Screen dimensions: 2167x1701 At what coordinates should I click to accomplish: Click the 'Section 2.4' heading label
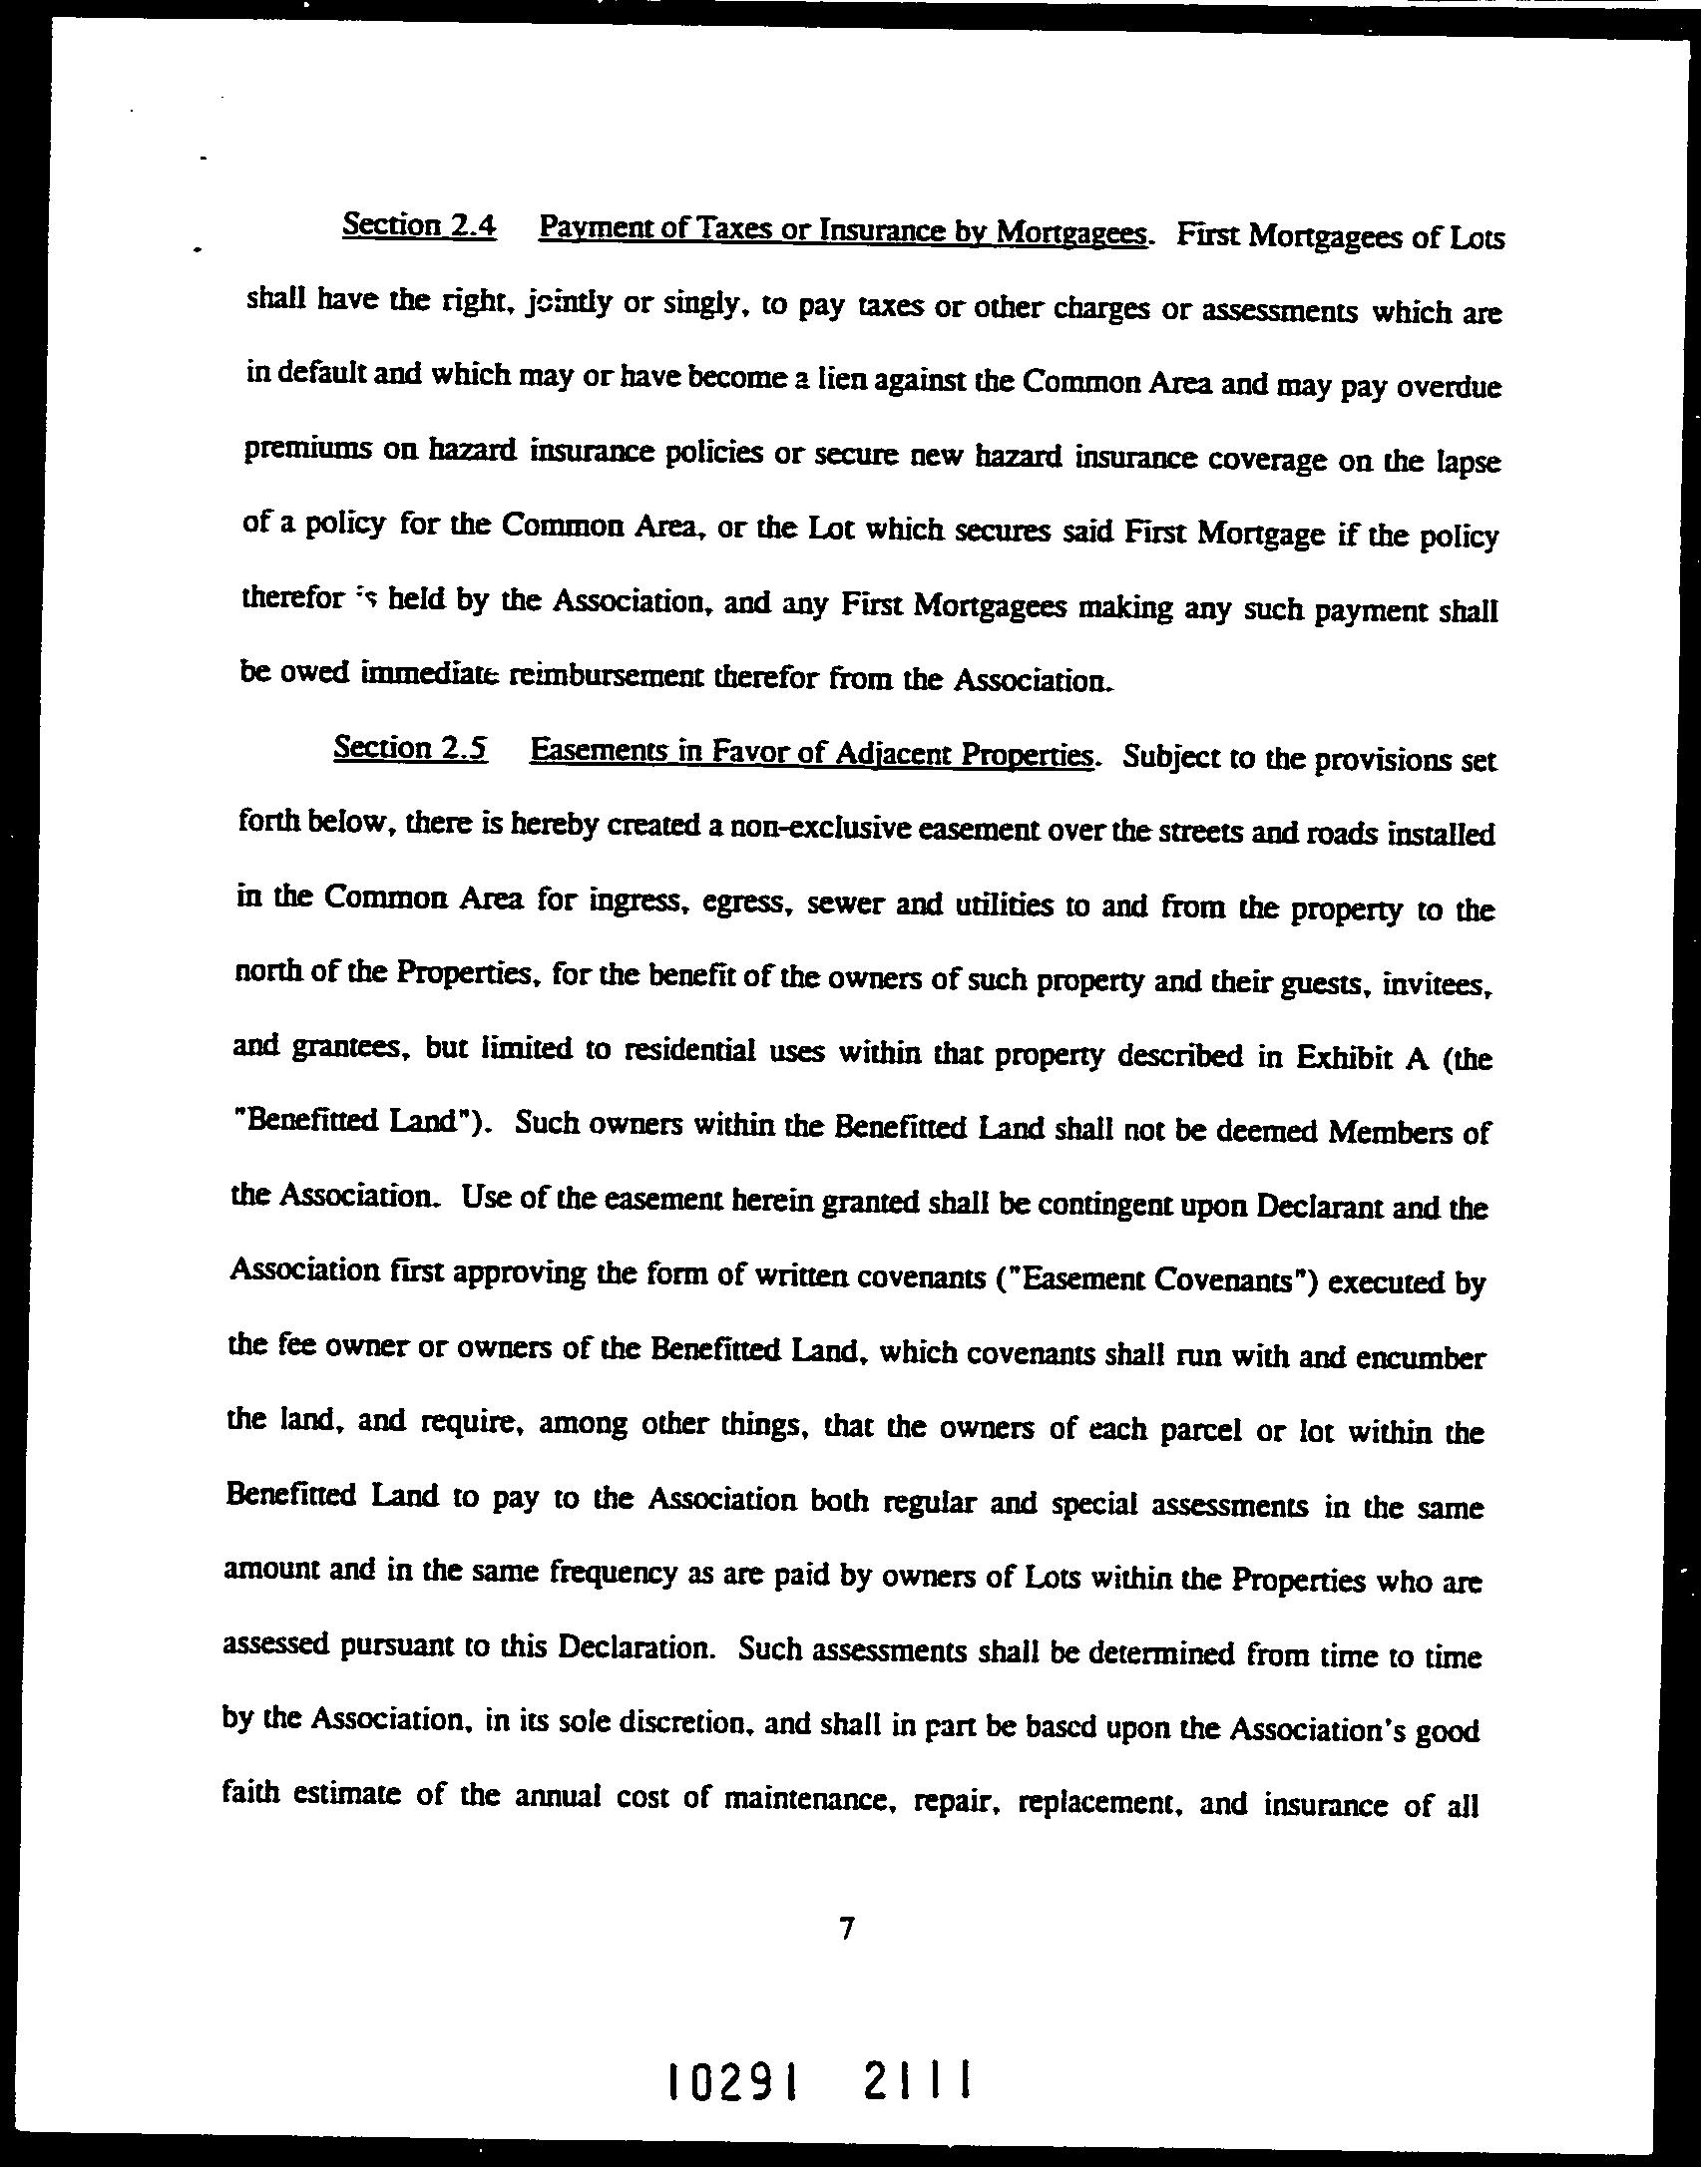pyautogui.click(x=419, y=225)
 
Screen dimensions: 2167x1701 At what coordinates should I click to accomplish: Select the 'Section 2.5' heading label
pyautogui.click(x=411, y=748)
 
